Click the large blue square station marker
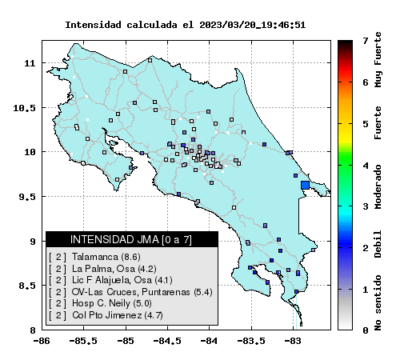point(305,185)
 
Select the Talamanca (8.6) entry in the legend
point(94,257)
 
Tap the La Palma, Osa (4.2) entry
point(102,269)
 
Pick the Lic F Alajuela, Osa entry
point(110,280)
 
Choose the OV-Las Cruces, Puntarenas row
point(130,292)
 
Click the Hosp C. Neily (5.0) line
point(100,303)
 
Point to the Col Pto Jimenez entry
point(106,315)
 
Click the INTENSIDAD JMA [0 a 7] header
point(131,240)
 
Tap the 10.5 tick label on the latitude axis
point(24,108)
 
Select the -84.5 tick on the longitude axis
point(167,341)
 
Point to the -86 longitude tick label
point(42,341)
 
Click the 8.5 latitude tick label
point(27,286)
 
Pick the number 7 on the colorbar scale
point(366,41)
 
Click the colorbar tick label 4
point(366,166)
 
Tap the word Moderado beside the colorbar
point(378,186)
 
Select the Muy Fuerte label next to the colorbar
point(378,60)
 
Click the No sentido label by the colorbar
point(378,302)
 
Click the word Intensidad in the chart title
point(94,25)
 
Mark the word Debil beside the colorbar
point(378,244)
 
